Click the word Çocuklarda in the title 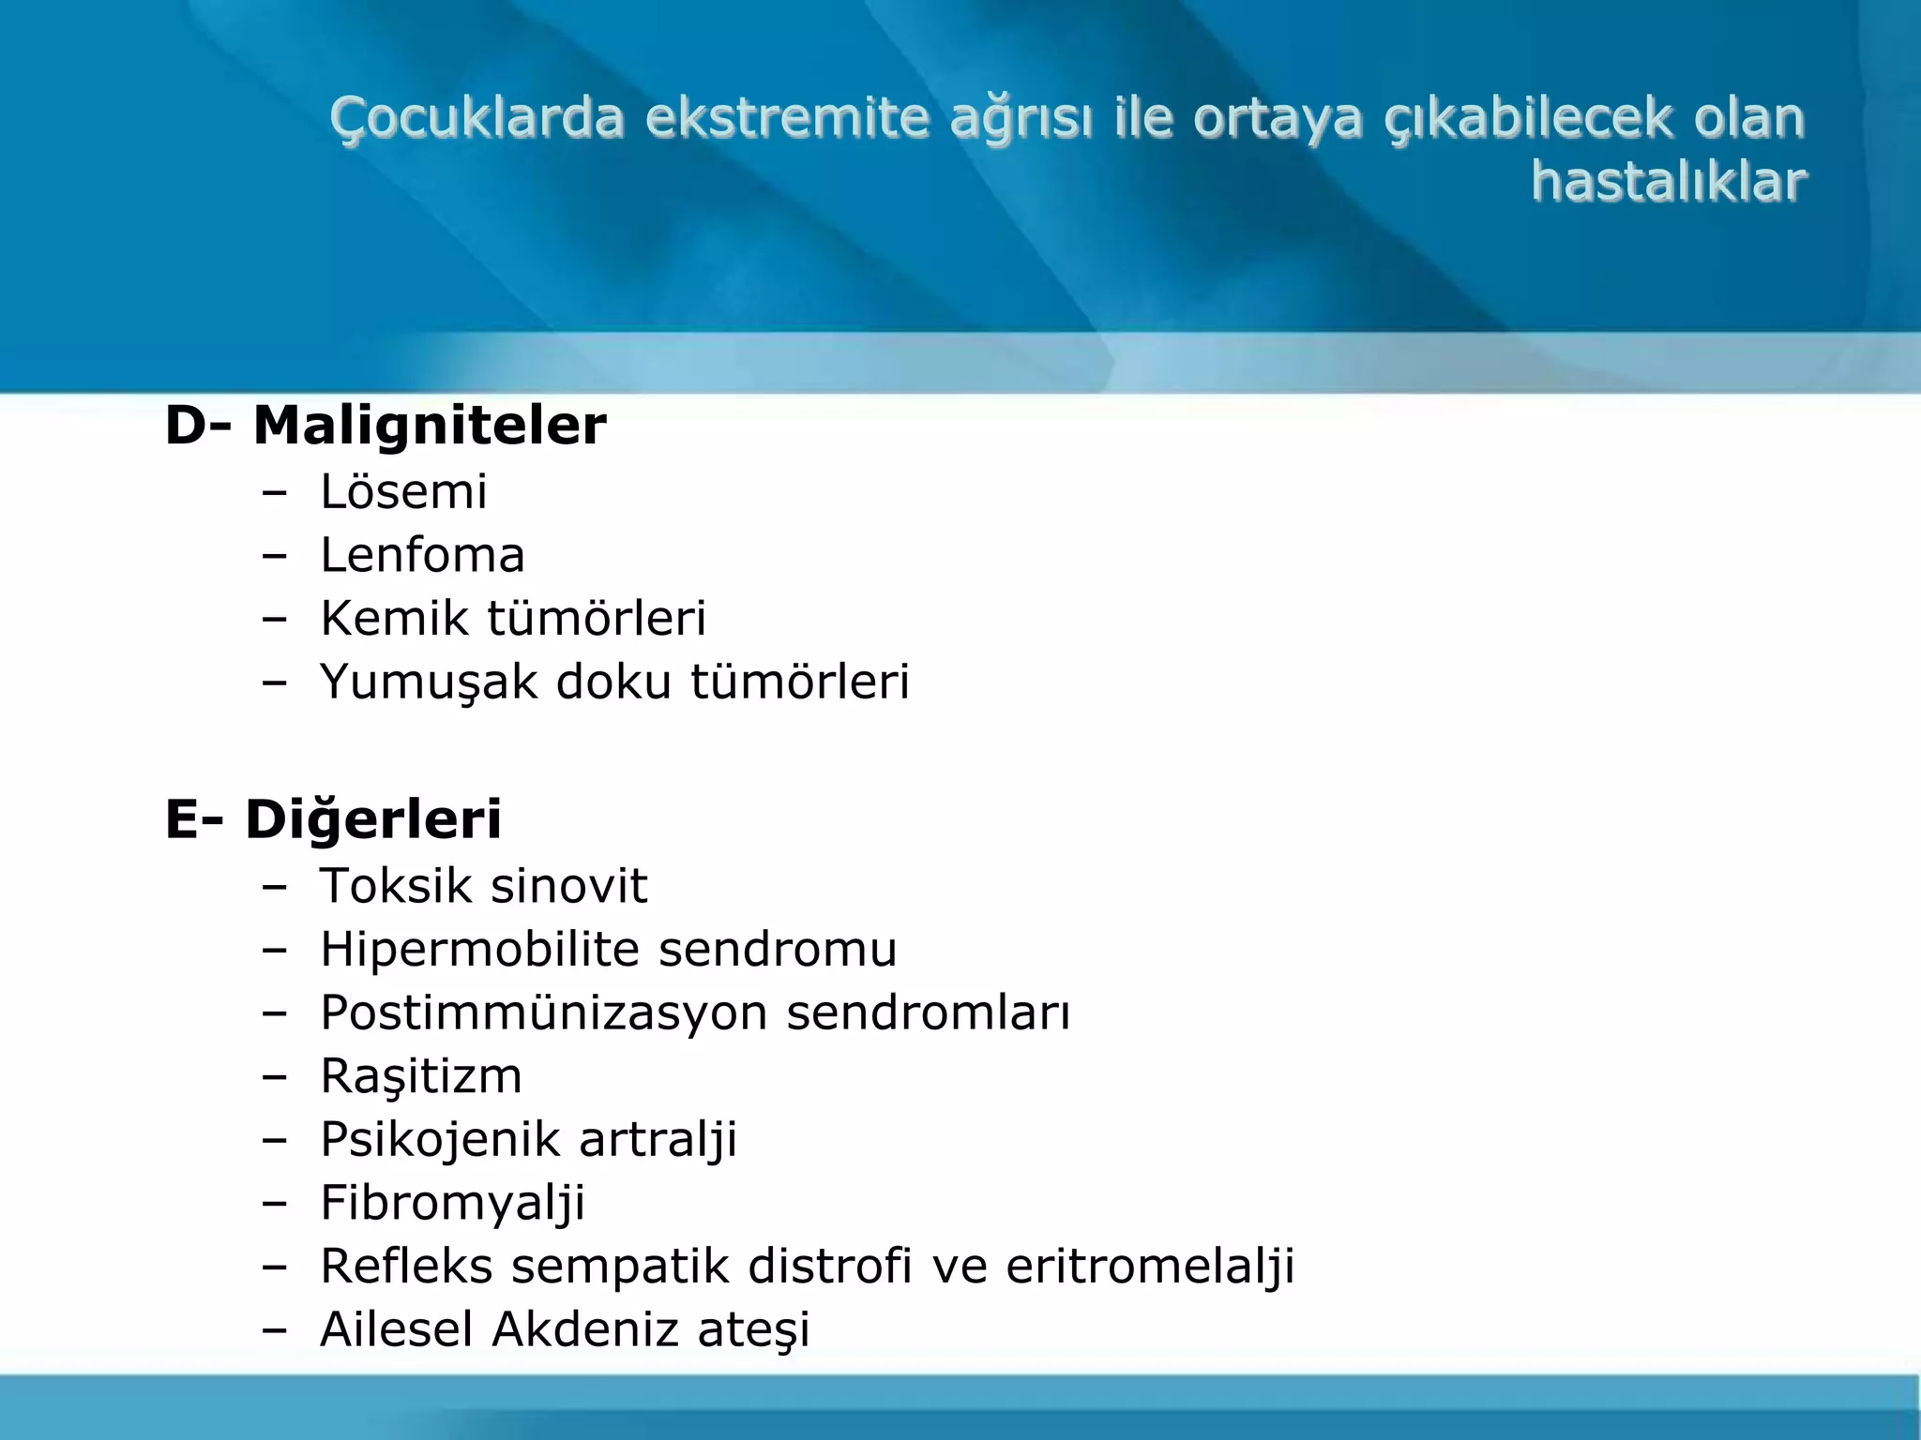pyautogui.click(x=476, y=119)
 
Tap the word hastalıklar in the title pyautogui.click(x=1668, y=181)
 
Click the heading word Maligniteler pyautogui.click(x=430, y=426)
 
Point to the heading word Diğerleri pyautogui.click(x=373, y=818)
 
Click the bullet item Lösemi pyautogui.click(x=403, y=492)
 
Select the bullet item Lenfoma pyautogui.click(x=422, y=555)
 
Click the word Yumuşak pyautogui.click(x=428, y=682)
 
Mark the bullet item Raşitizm pyautogui.click(x=420, y=1076)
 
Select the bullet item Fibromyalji pyautogui.click(x=452, y=1204)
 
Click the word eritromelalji pyautogui.click(x=1150, y=1267)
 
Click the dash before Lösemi pyautogui.click(x=274, y=493)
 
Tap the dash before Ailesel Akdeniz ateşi pyautogui.click(x=274, y=1330)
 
